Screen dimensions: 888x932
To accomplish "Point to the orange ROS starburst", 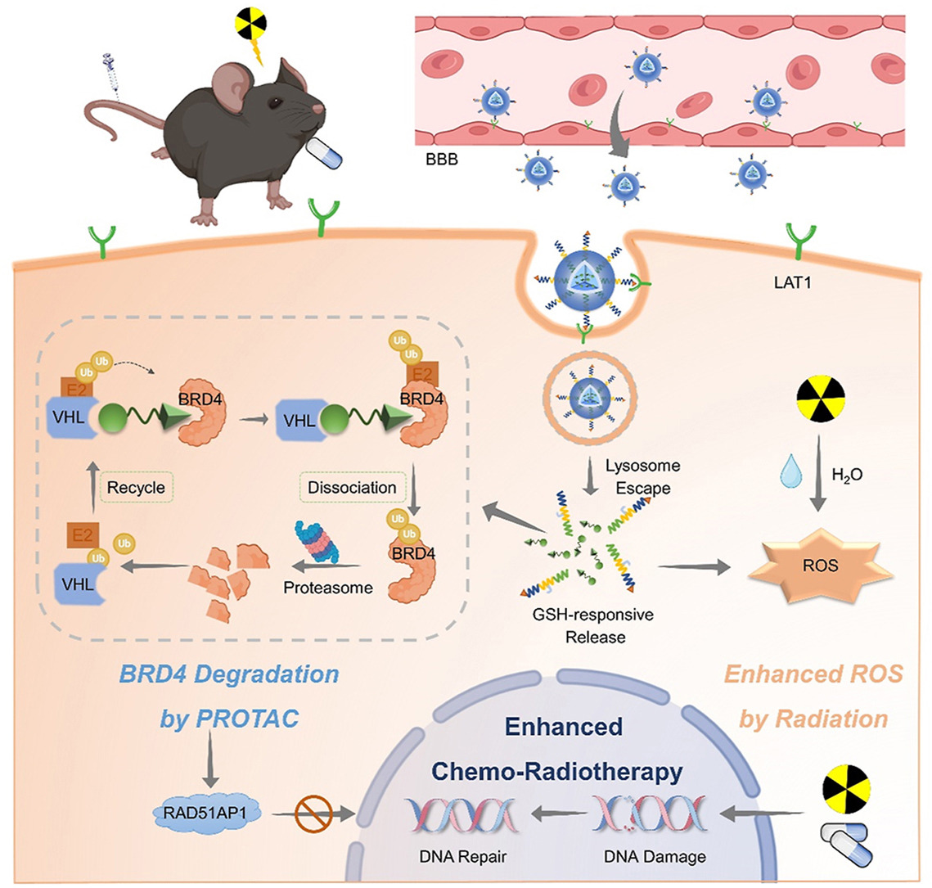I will pos(820,565).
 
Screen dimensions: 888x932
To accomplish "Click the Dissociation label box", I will pos(353,487).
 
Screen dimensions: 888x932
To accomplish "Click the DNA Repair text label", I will pos(457,857).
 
